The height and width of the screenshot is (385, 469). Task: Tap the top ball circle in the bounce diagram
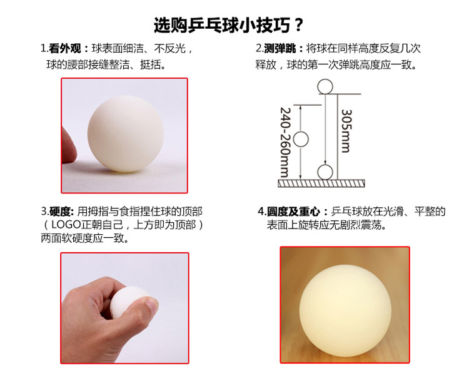tap(325, 86)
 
